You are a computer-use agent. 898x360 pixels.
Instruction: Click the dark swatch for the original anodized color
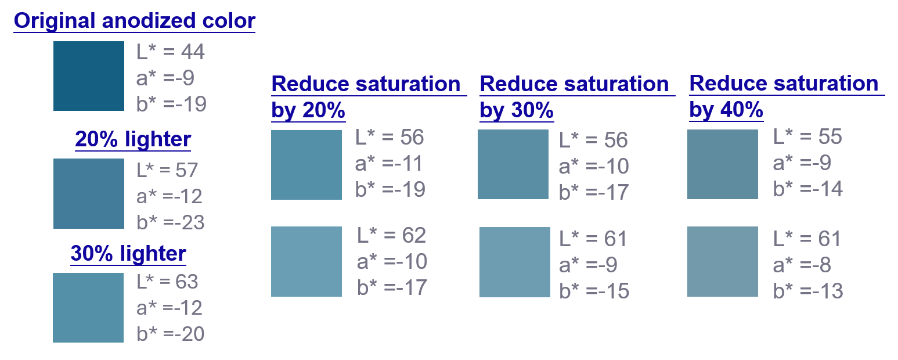coord(89,75)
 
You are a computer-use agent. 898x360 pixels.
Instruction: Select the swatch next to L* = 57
coord(89,193)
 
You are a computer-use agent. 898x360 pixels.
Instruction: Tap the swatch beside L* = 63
coord(88,308)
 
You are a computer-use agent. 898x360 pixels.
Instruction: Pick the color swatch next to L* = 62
coord(306,261)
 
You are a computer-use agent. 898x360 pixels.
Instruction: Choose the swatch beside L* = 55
coord(723,164)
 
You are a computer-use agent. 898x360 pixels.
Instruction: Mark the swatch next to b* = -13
coord(723,261)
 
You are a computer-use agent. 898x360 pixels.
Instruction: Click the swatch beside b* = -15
coord(515,262)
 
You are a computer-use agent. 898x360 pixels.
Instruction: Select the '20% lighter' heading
coord(133,139)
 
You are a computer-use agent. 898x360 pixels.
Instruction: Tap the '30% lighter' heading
coord(128,253)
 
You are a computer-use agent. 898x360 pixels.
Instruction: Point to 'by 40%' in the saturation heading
coord(726,109)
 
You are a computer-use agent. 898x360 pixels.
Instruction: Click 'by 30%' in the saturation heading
coord(517,110)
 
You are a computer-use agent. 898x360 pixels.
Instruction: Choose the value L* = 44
coord(171,52)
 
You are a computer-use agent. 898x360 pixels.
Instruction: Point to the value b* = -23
coord(171,222)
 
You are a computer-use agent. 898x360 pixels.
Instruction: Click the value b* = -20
coord(171,333)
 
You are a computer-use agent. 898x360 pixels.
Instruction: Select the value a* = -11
coord(389,164)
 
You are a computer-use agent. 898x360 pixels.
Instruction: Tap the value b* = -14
coord(808,189)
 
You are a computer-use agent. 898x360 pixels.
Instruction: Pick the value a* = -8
coord(802,265)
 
